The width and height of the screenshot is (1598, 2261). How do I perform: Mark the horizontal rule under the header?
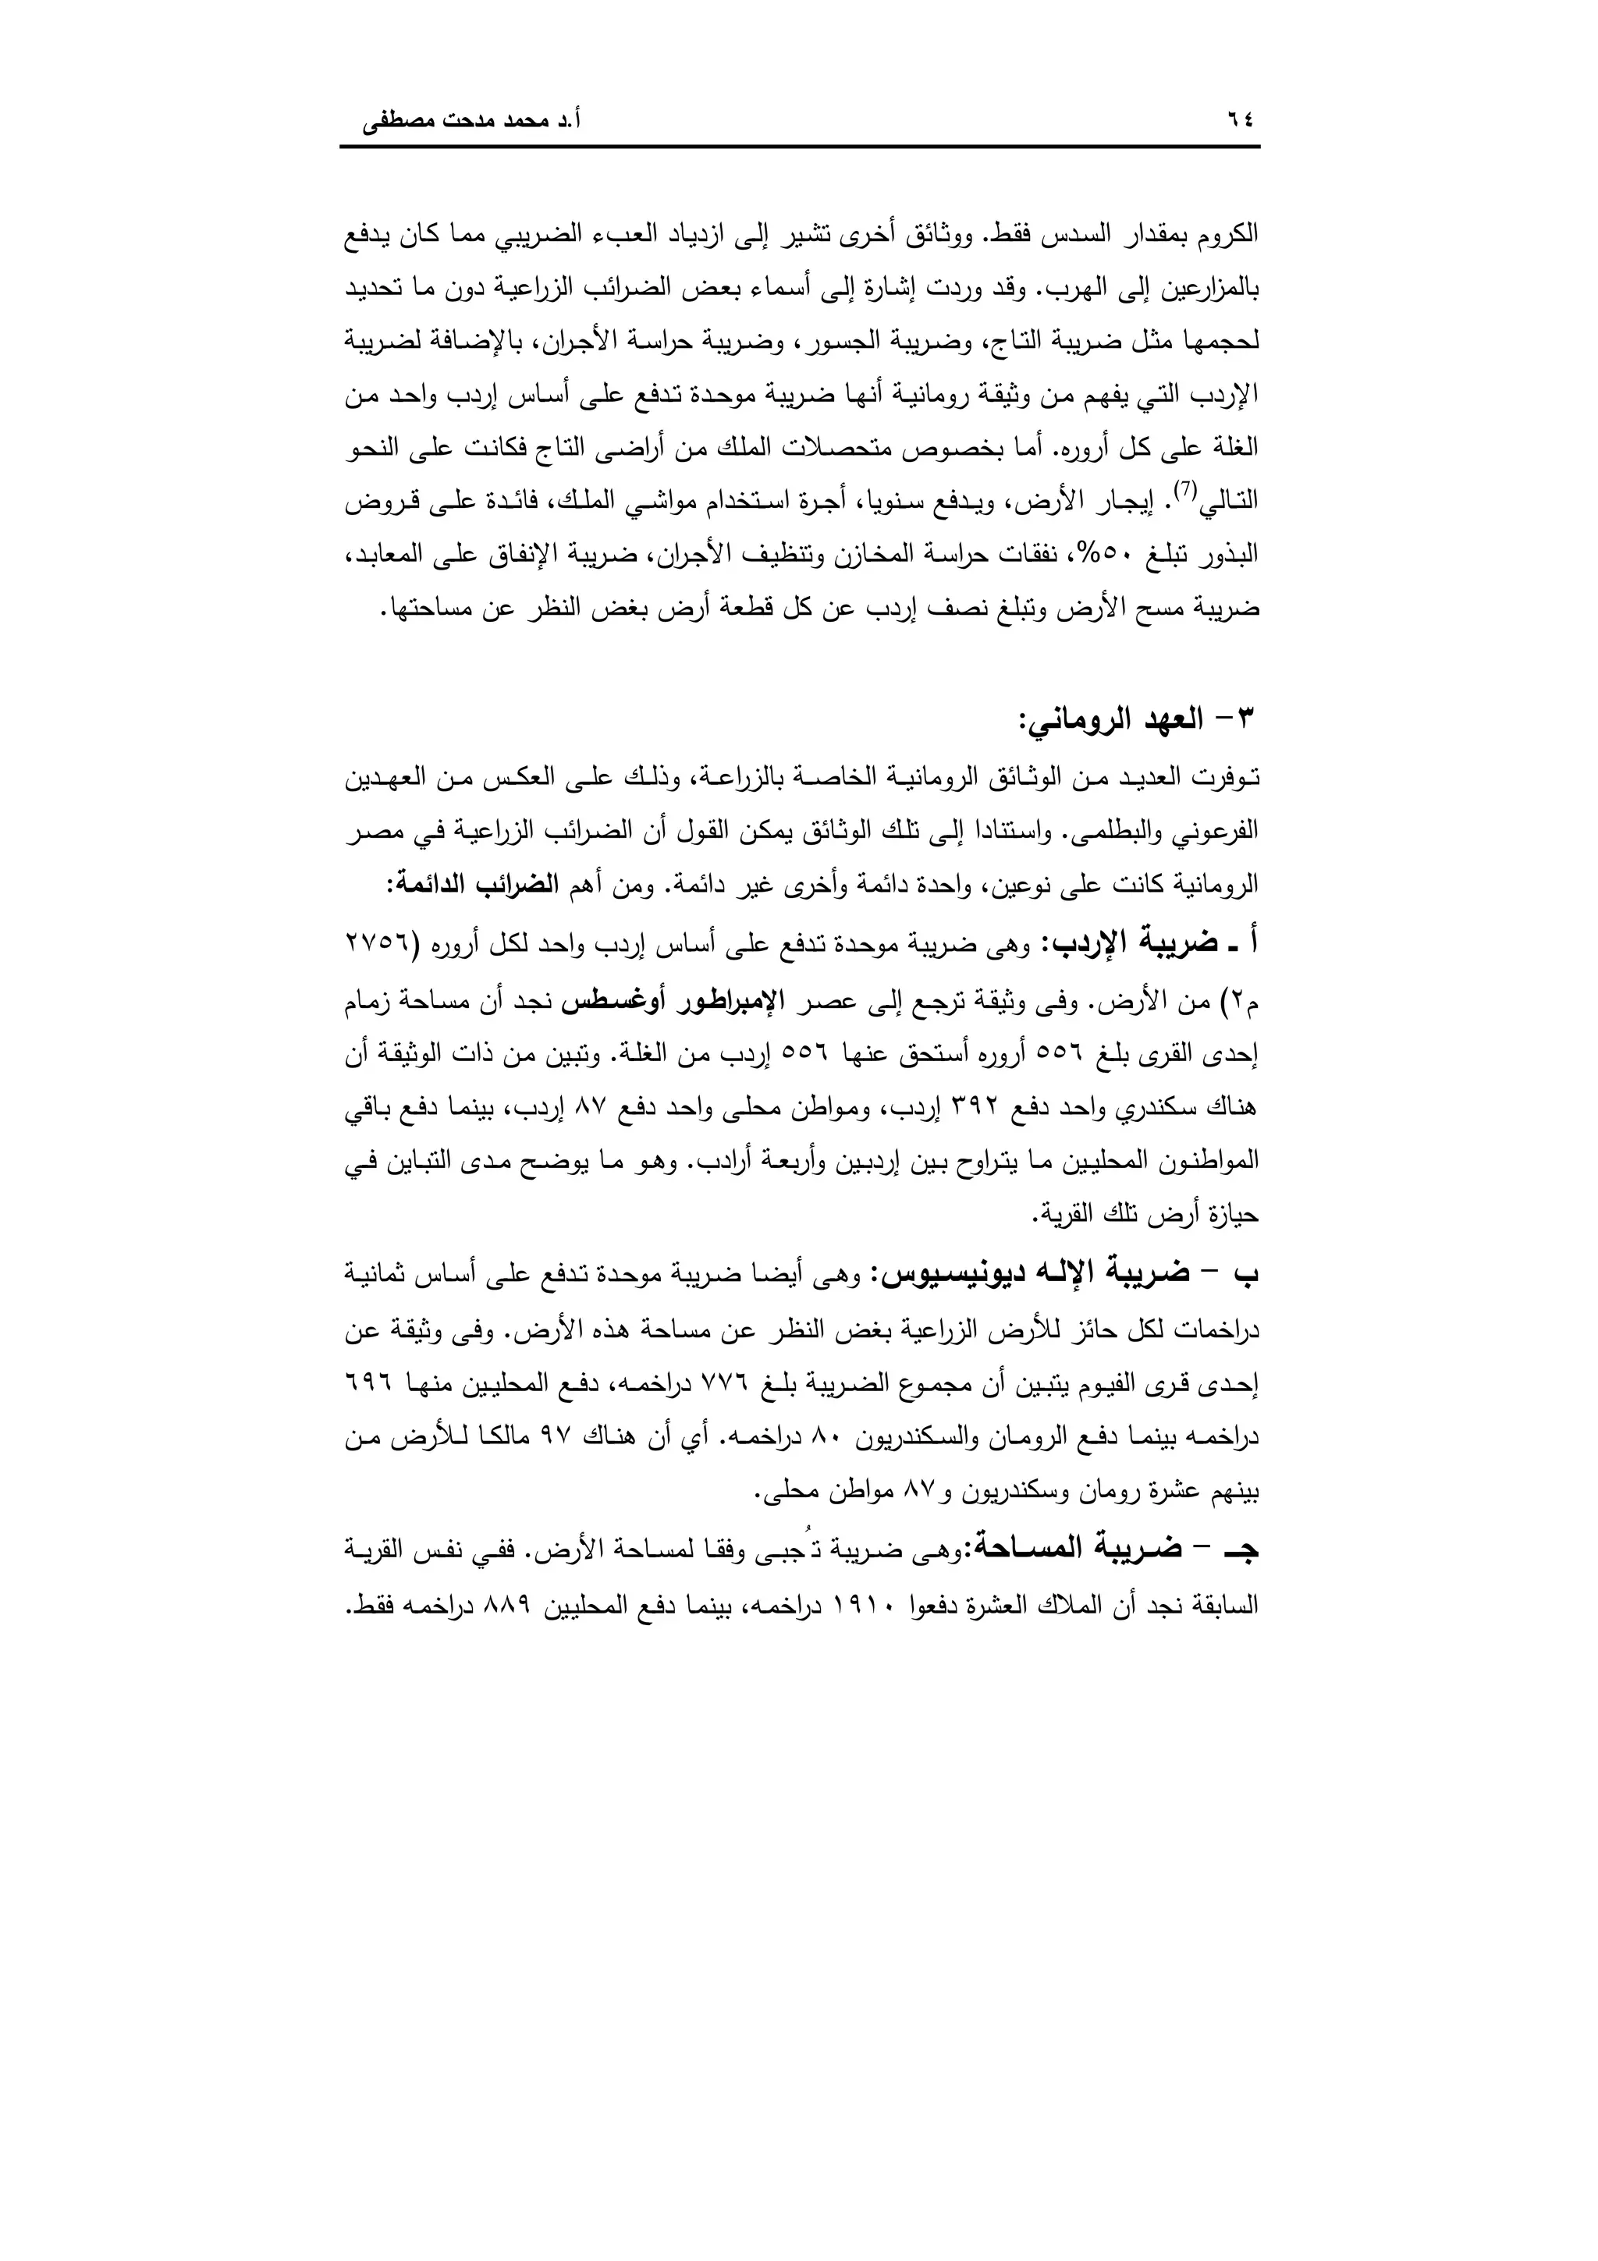(x=798, y=147)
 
